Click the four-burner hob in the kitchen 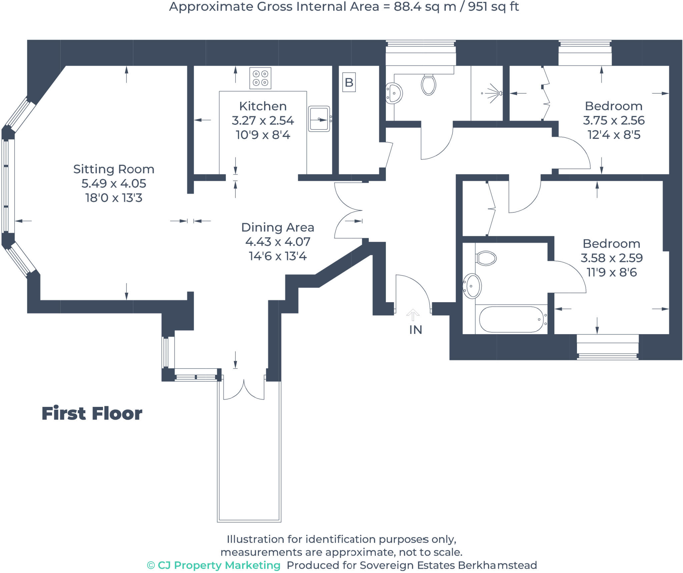[x=260, y=78]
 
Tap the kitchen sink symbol [x=319, y=119]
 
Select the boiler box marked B [x=349, y=82]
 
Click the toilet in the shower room [x=429, y=85]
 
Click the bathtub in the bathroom [x=511, y=319]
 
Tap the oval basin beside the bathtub [x=472, y=286]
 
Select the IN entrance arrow [x=413, y=315]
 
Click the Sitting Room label [x=114, y=169]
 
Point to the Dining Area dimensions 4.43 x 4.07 [x=277, y=241]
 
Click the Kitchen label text [x=263, y=106]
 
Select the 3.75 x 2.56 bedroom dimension [x=614, y=120]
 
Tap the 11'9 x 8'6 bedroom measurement [x=612, y=272]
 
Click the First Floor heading [x=92, y=414]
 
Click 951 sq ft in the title [x=493, y=7]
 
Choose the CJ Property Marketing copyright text [x=214, y=565]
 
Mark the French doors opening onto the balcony [x=244, y=389]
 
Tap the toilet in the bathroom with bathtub [x=486, y=258]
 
